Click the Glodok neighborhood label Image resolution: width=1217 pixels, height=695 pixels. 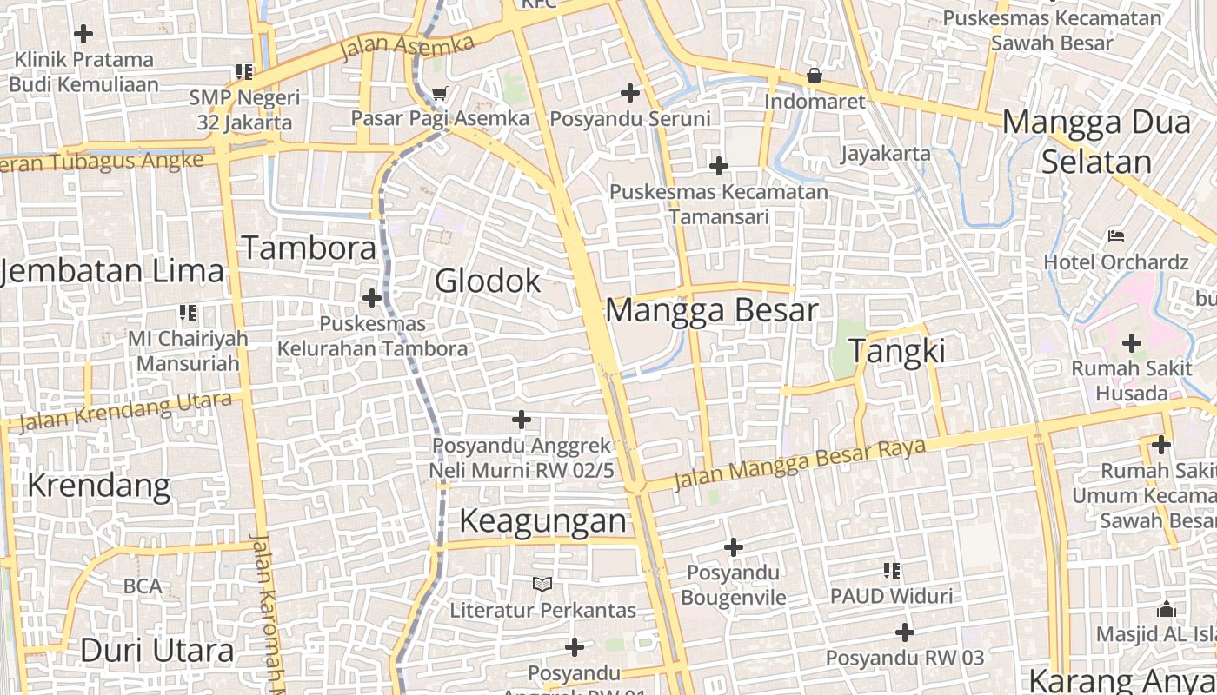(488, 281)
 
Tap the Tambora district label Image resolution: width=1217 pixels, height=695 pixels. (309, 248)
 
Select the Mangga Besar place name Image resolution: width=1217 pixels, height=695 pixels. (711, 310)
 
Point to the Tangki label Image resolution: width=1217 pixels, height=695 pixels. (896, 351)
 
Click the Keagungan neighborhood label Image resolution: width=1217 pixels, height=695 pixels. (542, 520)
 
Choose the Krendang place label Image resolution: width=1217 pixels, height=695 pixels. (98, 485)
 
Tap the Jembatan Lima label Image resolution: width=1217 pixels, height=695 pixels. (113, 271)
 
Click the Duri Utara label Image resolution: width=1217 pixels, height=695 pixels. (156, 650)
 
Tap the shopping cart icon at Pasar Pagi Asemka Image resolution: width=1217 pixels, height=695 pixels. (440, 93)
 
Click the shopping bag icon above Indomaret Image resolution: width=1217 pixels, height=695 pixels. (815, 76)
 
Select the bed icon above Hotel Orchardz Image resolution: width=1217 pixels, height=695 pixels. (1116, 235)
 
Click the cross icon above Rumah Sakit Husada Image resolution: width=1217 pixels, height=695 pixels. (1131, 342)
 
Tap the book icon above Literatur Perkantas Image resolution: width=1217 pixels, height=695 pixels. (542, 584)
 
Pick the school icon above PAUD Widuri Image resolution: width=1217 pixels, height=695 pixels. (891, 571)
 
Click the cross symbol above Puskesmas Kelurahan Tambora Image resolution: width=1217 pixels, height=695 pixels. (372, 298)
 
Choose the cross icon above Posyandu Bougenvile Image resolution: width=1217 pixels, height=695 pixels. (734, 547)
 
